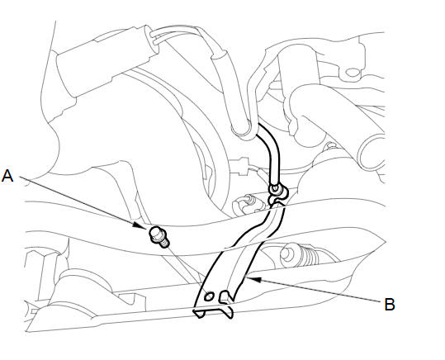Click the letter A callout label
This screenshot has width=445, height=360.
tap(7, 176)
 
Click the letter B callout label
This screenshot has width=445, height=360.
tap(390, 304)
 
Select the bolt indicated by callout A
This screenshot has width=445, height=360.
tap(159, 236)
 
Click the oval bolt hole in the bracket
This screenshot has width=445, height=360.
tap(209, 296)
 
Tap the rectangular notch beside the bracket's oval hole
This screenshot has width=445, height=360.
tap(226, 296)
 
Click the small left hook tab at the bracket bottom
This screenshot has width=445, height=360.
tap(199, 313)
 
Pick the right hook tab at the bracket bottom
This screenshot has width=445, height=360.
tap(228, 312)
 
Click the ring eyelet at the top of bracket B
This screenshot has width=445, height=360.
tap(276, 189)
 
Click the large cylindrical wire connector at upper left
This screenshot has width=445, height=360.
tap(106, 63)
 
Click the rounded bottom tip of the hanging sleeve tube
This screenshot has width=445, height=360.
tap(241, 131)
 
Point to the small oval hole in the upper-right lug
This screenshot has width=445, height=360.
tap(353, 72)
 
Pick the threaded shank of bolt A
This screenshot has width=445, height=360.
tap(164, 243)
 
